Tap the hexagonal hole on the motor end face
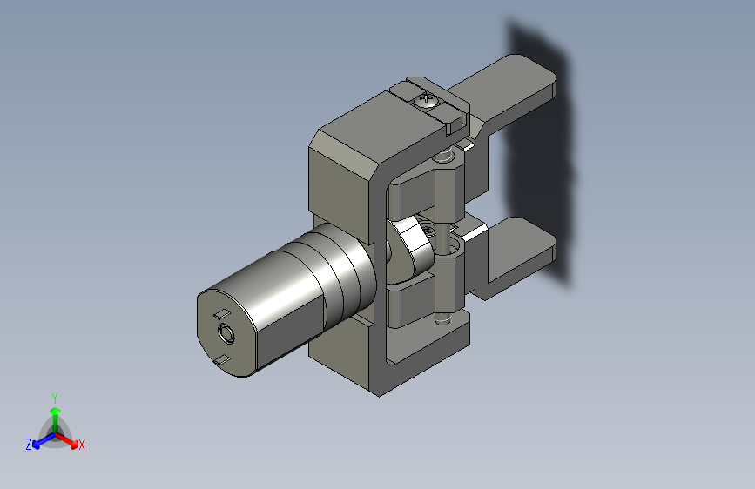tap(226, 332)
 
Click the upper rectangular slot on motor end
tap(221, 314)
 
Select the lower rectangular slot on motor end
tap(221, 359)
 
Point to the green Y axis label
tap(55, 398)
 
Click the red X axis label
tap(81, 445)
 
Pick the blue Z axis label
tap(29, 445)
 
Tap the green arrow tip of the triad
tap(56, 411)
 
